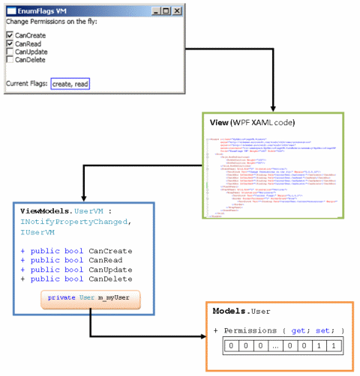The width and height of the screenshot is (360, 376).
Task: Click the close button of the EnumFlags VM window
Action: click(176, 10)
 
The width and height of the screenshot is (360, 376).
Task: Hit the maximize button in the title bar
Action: click(166, 10)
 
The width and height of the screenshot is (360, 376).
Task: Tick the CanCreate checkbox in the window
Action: click(10, 35)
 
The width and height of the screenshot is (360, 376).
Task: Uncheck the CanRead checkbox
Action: click(10, 43)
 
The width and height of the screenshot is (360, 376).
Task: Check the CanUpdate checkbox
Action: click(10, 52)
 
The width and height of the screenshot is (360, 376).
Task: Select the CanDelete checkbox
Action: click(10, 60)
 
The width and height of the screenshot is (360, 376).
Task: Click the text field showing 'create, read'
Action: click(70, 84)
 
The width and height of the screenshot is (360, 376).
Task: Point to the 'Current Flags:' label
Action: click(26, 84)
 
